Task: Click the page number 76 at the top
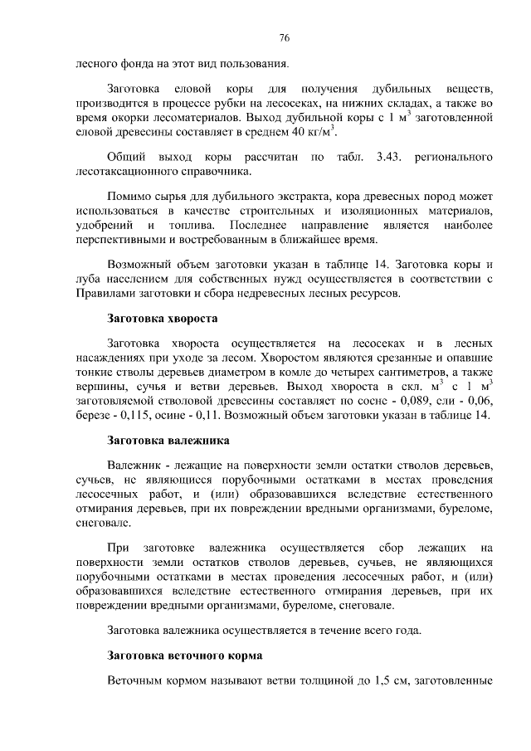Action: coord(284,38)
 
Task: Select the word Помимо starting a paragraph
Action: coord(129,198)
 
